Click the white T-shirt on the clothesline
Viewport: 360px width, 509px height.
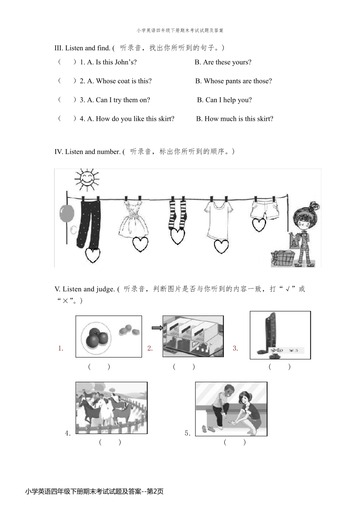(219, 220)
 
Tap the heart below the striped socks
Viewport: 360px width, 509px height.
(177, 236)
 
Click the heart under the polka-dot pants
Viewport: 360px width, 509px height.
(92, 255)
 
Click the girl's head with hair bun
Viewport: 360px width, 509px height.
(306, 218)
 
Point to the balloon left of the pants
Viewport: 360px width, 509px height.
(67, 214)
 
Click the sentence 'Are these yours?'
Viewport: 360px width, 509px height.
(223, 62)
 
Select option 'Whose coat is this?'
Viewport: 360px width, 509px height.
(119, 81)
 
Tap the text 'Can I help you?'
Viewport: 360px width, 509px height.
(224, 100)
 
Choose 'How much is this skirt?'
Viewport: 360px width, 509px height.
(235, 119)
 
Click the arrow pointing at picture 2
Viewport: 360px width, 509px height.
(157, 328)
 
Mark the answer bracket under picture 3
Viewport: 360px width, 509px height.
(280, 367)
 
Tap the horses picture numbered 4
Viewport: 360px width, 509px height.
(111, 408)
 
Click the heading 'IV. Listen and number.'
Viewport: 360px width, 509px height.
(88, 152)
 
